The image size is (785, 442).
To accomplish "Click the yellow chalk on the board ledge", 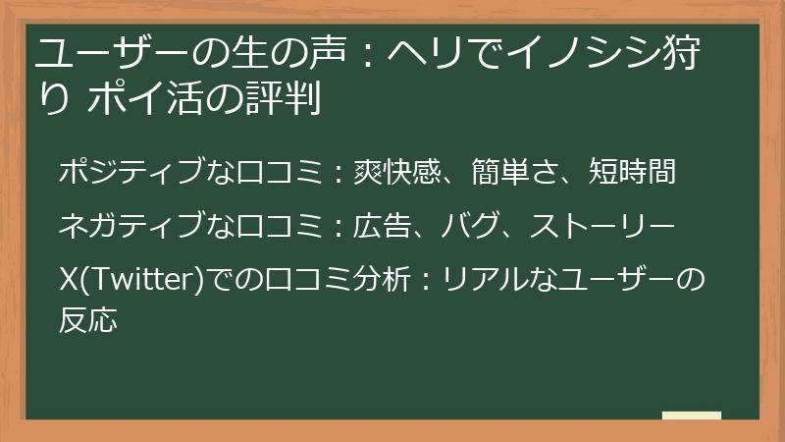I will (x=692, y=416).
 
